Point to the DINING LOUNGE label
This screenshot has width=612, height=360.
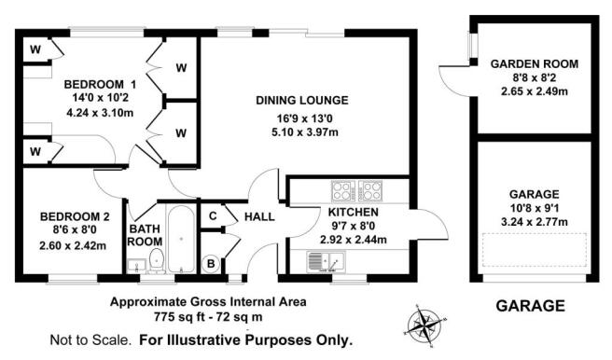pyautogui.click(x=303, y=101)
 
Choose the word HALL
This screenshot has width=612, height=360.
pyautogui.click(x=258, y=216)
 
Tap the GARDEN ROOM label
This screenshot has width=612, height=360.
pyautogui.click(x=535, y=63)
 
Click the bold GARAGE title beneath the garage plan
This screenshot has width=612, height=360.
pyautogui.click(x=530, y=305)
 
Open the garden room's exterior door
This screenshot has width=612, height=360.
pyautogui.click(x=455, y=79)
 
